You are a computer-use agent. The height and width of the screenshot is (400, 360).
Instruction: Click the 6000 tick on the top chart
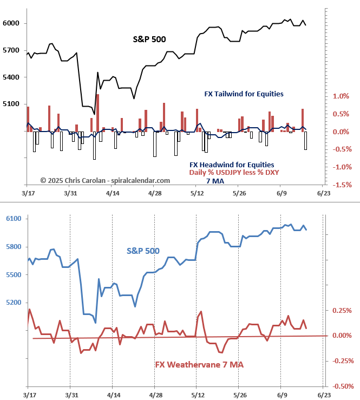pyautogui.click(x=11, y=23)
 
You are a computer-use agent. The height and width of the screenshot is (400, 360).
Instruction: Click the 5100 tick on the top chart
pyautogui.click(x=11, y=104)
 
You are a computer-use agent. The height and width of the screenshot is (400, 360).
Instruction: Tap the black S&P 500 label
pyautogui.click(x=149, y=40)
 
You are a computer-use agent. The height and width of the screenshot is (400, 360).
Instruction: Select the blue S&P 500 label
pyautogui.click(x=143, y=251)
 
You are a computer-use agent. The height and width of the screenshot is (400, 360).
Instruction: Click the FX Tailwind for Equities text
pyautogui.click(x=244, y=94)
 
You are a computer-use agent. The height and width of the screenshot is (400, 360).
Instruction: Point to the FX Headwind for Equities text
pyautogui.click(x=232, y=165)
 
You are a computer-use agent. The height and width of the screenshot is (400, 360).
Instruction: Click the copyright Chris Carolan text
pyautogui.click(x=105, y=180)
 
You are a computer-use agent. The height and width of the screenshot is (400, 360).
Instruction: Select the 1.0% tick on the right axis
pyautogui.click(x=341, y=96)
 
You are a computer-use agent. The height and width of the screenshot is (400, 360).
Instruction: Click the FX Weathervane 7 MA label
pyautogui.click(x=199, y=365)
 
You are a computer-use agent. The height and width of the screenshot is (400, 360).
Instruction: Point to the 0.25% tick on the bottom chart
pyautogui.click(x=342, y=310)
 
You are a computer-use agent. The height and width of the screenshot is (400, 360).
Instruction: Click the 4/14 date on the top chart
pyautogui.click(x=112, y=192)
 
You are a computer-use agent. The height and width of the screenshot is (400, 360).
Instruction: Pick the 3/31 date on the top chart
pyautogui.click(x=70, y=192)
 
